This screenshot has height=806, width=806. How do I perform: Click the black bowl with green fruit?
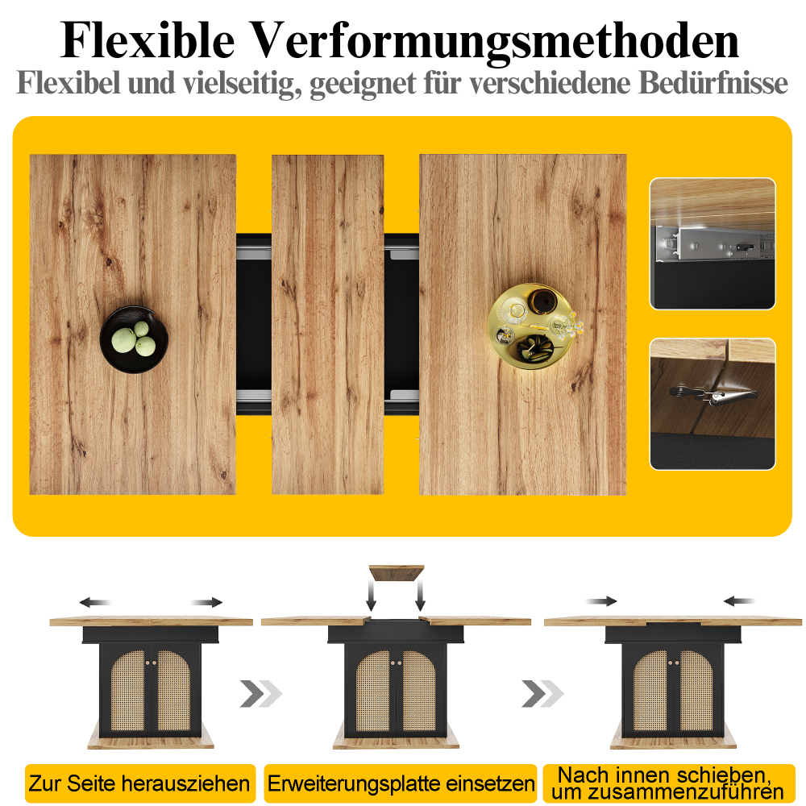(134, 339)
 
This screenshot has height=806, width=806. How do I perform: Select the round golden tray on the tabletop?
(530, 326)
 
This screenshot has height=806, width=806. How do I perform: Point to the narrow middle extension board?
(327, 324)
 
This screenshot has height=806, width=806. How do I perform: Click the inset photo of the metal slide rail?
(713, 243)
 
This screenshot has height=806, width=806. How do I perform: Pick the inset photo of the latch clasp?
(713, 404)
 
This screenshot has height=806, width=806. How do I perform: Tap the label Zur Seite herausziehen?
(139, 783)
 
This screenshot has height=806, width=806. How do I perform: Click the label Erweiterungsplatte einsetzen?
(401, 783)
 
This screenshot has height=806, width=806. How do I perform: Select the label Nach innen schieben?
(665, 775)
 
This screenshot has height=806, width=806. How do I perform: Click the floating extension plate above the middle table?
(397, 572)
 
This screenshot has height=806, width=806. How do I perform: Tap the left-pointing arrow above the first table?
(95, 602)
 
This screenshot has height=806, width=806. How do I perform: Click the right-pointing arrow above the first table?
(206, 602)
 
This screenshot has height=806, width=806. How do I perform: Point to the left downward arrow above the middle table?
(371, 596)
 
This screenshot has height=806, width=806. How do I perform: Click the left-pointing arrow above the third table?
(739, 601)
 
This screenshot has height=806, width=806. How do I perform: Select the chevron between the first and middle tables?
(260, 693)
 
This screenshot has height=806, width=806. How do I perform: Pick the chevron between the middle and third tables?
(542, 693)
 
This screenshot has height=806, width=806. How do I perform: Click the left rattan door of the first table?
(128, 691)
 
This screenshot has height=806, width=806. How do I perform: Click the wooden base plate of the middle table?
(396, 740)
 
